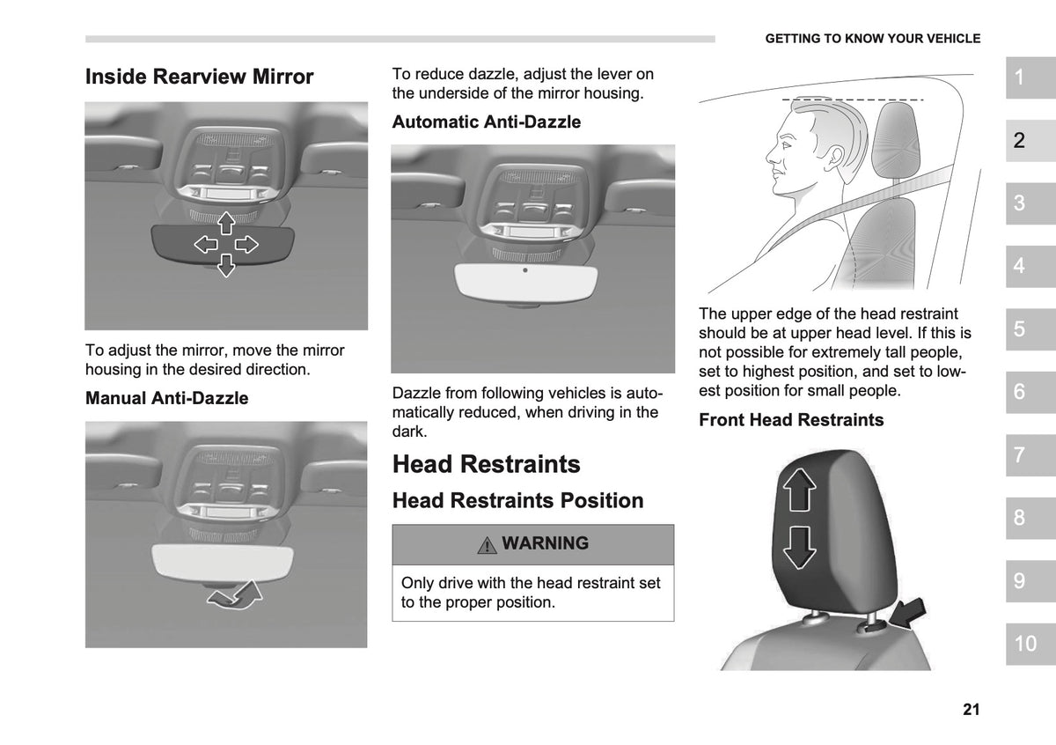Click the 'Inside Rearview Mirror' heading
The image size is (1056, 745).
coord(199,77)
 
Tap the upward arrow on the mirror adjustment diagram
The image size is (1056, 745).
coord(226,223)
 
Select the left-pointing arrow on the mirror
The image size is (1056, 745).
coord(206,245)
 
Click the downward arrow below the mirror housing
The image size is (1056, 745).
coord(226,266)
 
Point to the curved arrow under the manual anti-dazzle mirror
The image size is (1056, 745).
coord(235,595)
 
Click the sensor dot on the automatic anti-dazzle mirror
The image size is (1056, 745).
coord(525,270)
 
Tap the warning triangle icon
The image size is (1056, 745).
coord(487,545)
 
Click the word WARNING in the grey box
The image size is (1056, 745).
coord(545,543)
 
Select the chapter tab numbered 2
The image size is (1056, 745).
coord(1030,140)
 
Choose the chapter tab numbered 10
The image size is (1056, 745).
coord(1030,644)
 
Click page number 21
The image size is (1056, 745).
coord(972,709)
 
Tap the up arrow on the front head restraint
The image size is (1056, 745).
coord(800,490)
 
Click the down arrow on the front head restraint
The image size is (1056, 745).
coord(800,548)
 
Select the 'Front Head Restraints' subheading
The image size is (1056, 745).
coord(791,419)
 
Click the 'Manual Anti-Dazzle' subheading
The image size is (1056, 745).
coord(167,398)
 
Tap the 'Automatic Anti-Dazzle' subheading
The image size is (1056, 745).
coord(487,122)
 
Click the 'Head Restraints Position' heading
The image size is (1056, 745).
coord(518,500)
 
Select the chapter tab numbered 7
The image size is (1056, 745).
coord(1030,454)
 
